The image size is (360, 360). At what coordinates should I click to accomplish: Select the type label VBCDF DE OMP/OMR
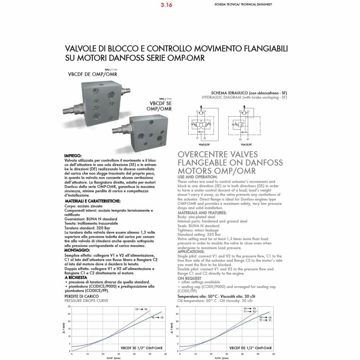[93, 75]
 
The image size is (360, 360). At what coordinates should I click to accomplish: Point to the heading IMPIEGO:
[73, 156]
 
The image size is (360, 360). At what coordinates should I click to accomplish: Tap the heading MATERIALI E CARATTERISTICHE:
[93, 201]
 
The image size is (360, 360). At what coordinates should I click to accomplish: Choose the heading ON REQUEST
[189, 278]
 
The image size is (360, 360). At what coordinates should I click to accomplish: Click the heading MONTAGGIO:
[77, 250]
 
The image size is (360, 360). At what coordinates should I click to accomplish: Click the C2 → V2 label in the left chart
[141, 309]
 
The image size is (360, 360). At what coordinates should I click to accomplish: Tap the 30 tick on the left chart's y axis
[69, 306]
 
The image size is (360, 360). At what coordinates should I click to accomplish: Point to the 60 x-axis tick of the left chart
[165, 354]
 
